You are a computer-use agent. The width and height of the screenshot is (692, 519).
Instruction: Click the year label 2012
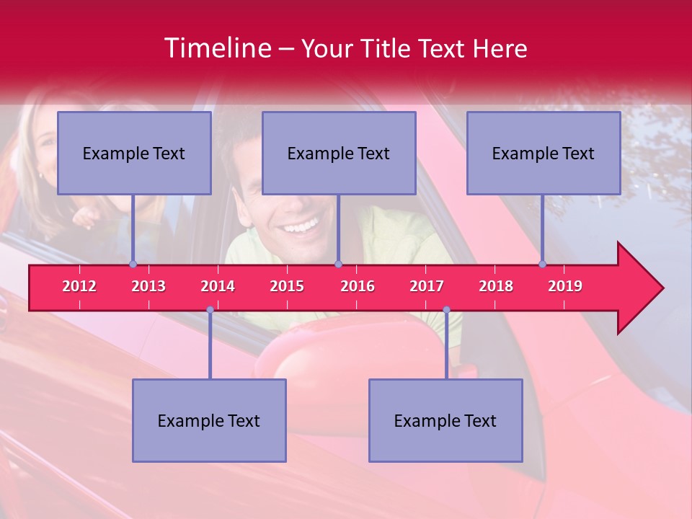(x=79, y=286)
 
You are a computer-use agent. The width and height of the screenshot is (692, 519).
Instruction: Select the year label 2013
(x=148, y=286)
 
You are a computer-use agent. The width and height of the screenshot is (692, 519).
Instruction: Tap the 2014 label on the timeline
(x=218, y=286)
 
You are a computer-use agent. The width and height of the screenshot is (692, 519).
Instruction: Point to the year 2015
(x=287, y=286)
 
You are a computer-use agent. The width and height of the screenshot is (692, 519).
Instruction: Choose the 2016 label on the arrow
(x=358, y=286)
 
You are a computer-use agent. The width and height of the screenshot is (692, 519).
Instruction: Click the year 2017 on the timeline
(x=427, y=286)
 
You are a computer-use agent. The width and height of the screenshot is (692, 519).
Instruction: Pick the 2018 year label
(x=496, y=286)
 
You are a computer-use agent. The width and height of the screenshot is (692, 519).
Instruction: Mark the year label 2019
(x=565, y=286)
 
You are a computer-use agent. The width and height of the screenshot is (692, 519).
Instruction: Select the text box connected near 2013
(x=134, y=154)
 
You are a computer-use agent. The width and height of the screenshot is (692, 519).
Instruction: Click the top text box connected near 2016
(x=339, y=154)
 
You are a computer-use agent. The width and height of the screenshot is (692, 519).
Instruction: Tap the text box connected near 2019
(x=544, y=154)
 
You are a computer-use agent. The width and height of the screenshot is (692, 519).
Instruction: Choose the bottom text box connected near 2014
(x=209, y=421)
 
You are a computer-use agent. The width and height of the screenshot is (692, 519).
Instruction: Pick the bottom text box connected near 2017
(x=445, y=421)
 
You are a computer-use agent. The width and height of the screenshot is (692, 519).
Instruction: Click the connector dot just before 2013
(x=133, y=265)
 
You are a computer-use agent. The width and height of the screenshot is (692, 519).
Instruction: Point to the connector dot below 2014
(x=210, y=310)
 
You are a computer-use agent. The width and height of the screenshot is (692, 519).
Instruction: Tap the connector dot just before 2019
(x=542, y=265)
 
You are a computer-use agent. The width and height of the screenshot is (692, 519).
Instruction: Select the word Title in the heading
(x=390, y=49)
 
